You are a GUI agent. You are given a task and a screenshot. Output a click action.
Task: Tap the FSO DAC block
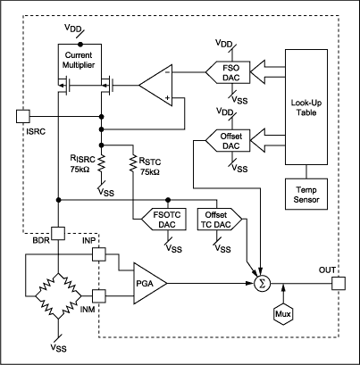[225, 71]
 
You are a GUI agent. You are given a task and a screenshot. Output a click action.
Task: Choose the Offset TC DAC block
[216, 219]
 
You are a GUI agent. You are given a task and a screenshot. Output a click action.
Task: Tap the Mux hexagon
[283, 314]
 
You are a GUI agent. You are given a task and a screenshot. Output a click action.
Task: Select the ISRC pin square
[23, 116]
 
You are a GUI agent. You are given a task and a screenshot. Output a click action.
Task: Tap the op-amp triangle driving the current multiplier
[158, 87]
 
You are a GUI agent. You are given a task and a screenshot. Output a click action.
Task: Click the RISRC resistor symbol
[101, 163]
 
